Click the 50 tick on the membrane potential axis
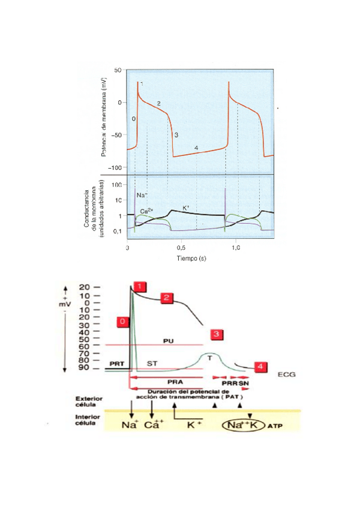coord(118,70)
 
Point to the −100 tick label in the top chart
coord(115,167)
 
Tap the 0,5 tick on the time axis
coord(181,247)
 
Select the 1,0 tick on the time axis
coord(235,247)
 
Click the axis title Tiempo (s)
coord(191,258)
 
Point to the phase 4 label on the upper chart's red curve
coord(196,148)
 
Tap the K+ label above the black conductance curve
coord(186,208)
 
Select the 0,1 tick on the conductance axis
coord(118,231)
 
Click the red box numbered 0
coord(122,322)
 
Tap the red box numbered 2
coord(167,297)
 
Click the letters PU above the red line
coord(169,340)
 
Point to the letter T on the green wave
coord(210,358)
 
